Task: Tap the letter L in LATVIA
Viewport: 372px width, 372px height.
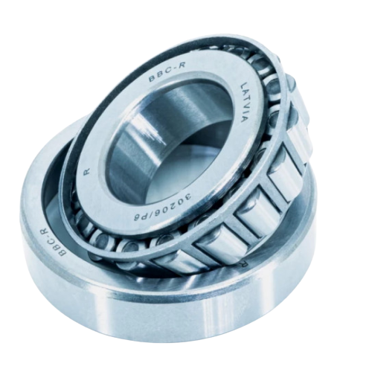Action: (242, 86)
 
